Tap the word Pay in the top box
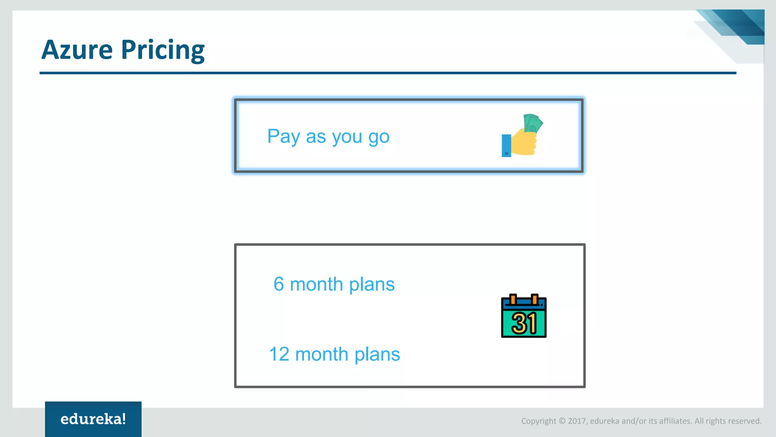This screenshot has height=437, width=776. point(283,137)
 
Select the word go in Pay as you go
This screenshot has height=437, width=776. point(379,137)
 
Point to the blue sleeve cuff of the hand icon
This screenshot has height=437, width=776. point(506,145)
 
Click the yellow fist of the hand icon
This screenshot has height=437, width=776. point(524,143)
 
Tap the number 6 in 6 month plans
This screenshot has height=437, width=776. point(278,284)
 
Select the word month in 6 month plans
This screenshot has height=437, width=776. point(316,284)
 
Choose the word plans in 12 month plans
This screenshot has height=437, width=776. point(377,354)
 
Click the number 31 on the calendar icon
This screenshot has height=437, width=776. point(524,324)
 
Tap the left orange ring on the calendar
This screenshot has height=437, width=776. point(513,299)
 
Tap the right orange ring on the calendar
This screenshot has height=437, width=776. point(534,299)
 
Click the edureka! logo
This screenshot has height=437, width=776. point(93,419)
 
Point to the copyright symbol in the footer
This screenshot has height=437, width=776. point(562,421)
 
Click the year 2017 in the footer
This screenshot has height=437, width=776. point(577,421)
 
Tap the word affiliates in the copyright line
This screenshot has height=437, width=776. point(675,421)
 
